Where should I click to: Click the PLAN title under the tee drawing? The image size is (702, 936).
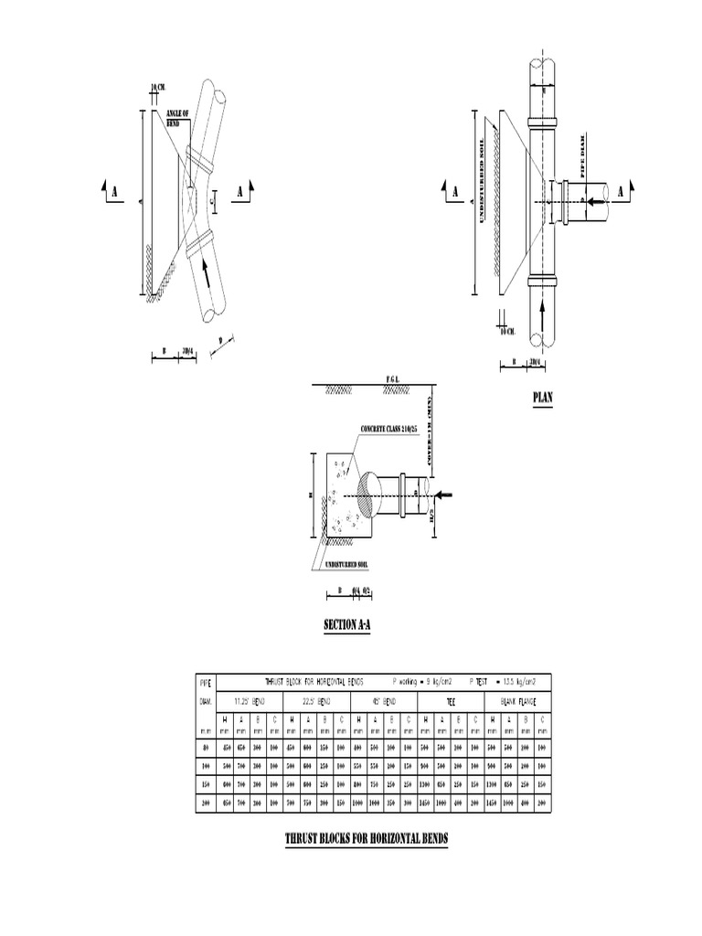pyautogui.click(x=543, y=398)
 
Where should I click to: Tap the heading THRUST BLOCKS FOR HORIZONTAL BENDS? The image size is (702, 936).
pyautogui.click(x=367, y=838)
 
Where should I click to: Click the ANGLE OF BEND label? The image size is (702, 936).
pyautogui.click(x=177, y=118)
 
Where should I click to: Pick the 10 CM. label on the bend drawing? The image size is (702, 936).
pyautogui.click(x=157, y=88)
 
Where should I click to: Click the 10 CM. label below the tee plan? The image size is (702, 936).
pyautogui.click(x=508, y=331)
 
